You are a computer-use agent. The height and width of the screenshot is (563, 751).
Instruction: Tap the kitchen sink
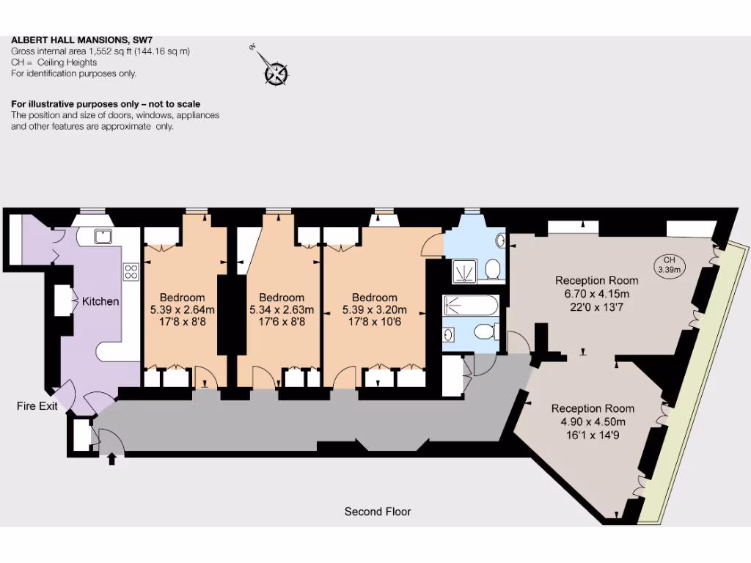coord(102,235)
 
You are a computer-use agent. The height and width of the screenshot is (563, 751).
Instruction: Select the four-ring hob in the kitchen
coord(131,271)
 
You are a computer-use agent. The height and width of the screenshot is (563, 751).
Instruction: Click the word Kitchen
coord(100,301)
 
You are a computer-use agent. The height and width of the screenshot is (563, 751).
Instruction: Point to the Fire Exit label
coord(37,406)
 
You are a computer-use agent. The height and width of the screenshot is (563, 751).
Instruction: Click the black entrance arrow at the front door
coord(111,460)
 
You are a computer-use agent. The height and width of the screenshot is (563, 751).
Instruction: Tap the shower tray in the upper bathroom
coord(462,271)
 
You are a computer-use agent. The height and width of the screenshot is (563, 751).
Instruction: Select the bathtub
coord(471,305)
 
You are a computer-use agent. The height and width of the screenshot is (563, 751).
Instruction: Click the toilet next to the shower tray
coord(494,269)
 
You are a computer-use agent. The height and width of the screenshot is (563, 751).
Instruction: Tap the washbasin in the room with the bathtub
coord(449,335)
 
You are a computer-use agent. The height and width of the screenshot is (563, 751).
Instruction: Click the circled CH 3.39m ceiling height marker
coord(668,265)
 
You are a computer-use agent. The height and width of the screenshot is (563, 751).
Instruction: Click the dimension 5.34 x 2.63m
coord(282,309)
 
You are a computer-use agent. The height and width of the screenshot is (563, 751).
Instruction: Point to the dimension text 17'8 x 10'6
coord(374,321)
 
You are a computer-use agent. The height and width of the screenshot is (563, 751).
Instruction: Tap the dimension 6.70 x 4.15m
coord(596,293)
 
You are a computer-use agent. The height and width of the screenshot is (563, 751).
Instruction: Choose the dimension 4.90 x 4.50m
coord(593,422)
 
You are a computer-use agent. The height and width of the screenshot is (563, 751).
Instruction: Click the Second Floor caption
coord(378,512)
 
